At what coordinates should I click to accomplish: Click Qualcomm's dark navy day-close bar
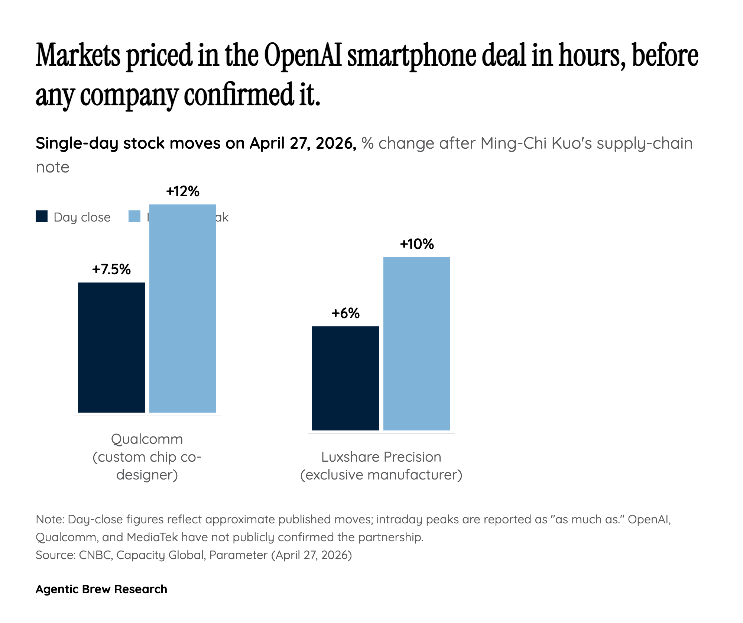(111, 348)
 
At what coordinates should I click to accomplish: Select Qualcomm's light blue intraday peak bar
(183, 309)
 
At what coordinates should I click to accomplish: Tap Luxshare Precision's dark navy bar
(345, 378)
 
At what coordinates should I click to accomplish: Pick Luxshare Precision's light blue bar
(417, 344)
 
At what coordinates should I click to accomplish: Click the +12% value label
(183, 191)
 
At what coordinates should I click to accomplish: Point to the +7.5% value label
(111, 269)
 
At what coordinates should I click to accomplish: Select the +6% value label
(345, 313)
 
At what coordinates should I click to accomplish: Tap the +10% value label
(417, 244)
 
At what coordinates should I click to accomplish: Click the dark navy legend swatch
(42, 217)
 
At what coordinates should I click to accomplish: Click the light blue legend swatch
(134, 217)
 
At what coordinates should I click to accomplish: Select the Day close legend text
(82, 217)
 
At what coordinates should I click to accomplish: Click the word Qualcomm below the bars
(147, 439)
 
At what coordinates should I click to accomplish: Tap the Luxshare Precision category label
(381, 457)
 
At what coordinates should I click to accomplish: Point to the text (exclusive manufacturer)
(381, 475)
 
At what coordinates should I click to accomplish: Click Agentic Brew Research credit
(101, 589)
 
